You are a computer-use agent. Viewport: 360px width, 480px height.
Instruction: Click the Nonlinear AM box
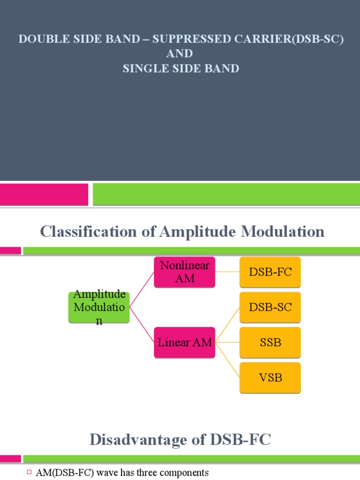[x=185, y=272]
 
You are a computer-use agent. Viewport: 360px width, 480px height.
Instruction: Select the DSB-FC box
[x=270, y=272]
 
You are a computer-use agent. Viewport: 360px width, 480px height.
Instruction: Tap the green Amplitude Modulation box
[x=99, y=307]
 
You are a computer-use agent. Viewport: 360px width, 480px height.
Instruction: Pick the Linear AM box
[x=185, y=342]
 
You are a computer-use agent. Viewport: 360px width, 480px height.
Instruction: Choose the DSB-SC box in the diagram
[x=270, y=307]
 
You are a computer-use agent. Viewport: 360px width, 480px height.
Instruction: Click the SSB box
[x=270, y=342]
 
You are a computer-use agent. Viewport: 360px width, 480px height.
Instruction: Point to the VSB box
[x=270, y=377]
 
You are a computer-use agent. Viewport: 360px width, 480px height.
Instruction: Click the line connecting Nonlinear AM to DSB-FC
[x=227, y=272]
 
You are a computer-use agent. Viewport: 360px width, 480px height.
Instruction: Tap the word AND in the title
[x=180, y=54]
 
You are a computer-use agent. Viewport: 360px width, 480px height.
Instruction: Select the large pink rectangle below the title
[x=44, y=194]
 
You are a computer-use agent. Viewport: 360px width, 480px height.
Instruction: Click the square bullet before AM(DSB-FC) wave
[x=30, y=472]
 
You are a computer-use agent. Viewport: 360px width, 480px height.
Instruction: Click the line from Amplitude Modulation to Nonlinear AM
[x=142, y=290]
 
